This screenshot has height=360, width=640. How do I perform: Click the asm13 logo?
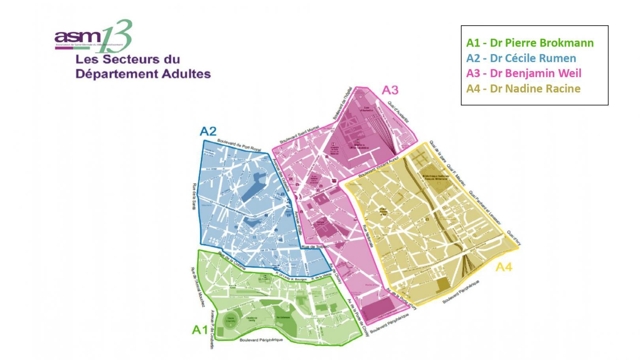(x=93, y=36)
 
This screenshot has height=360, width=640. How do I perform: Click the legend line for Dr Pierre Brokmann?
(x=530, y=43)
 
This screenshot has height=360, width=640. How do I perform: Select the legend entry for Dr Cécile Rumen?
(x=521, y=58)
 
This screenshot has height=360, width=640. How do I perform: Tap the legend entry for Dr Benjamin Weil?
(x=524, y=73)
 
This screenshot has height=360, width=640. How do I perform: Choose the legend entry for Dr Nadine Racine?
(x=523, y=89)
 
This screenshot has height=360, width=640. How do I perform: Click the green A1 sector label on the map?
(x=200, y=330)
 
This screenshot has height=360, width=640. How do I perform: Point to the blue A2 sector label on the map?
(x=208, y=131)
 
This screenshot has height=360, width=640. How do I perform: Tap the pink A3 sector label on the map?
(x=390, y=90)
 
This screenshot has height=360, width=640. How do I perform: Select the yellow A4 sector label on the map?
(x=504, y=267)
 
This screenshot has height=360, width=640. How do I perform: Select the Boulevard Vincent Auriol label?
(x=378, y=167)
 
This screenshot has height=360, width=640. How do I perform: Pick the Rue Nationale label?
(x=368, y=236)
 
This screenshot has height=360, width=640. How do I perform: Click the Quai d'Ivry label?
(x=514, y=238)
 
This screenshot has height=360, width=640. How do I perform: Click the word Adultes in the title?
(x=183, y=74)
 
